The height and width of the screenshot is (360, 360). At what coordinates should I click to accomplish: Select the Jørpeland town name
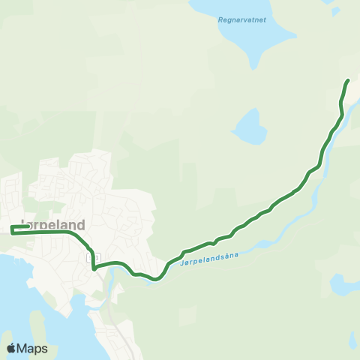pyautogui.click(x=53, y=224)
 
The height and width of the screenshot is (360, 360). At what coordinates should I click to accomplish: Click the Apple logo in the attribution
pyautogui.click(x=11, y=348)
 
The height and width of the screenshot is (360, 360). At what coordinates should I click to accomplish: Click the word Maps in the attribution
pyautogui.click(x=32, y=348)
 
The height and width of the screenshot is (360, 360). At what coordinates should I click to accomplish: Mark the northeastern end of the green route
pyautogui.click(x=348, y=79)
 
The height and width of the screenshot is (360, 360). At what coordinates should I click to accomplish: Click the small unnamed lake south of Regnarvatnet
pyautogui.click(x=250, y=127)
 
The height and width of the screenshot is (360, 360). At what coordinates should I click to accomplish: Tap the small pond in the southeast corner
pyautogui.click(x=343, y=284)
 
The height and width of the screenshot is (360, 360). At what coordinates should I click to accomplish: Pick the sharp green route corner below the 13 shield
pyautogui.click(x=94, y=268)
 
